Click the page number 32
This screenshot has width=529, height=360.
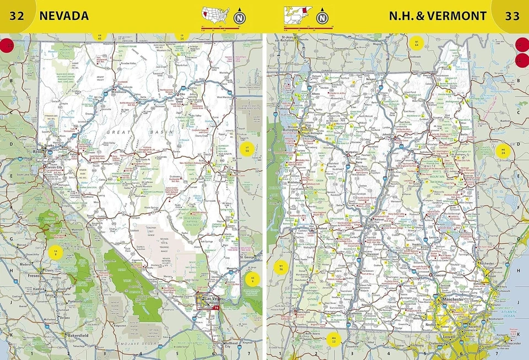click(x=16, y=15)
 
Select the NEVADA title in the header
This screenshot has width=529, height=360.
click(x=64, y=15)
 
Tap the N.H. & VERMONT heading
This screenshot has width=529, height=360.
click(x=438, y=15)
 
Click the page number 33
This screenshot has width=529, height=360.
click(x=512, y=15)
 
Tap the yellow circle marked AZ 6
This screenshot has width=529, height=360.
click(x=252, y=279)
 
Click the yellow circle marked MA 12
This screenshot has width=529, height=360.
click(x=333, y=338)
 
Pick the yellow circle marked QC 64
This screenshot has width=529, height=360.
click(x=417, y=43)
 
